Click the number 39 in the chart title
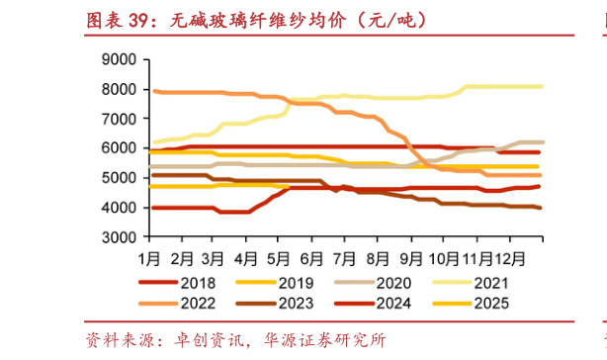click(142, 19)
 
